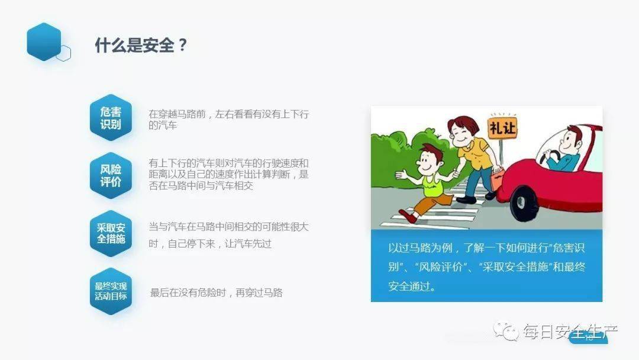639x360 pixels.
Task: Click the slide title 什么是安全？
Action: pos(141,46)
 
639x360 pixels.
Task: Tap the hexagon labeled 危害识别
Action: pos(110,118)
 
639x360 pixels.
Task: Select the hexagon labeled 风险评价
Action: pos(110,175)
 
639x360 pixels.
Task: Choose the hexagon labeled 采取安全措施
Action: pos(111,233)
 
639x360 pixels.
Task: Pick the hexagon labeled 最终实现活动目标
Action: pos(111,291)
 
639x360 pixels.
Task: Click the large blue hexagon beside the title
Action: pos(44,41)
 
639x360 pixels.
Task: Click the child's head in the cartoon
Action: pos(433,158)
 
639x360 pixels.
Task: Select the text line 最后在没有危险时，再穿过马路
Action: pos(216,292)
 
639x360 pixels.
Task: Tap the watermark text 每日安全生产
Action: pos(568,332)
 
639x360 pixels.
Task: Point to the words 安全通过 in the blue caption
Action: pos(408,286)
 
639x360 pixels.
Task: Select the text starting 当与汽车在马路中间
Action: pos(228,235)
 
